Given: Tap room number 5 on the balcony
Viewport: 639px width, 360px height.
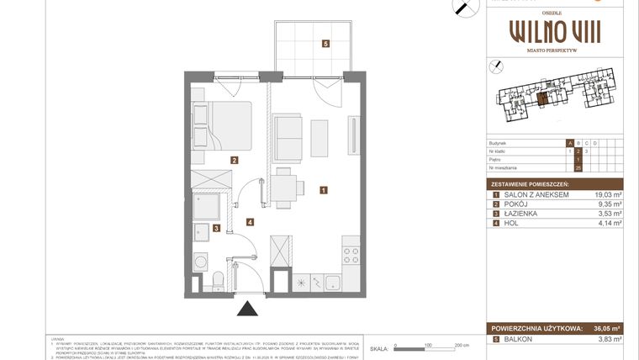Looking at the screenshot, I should pos(325,43).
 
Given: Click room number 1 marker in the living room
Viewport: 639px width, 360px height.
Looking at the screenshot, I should pos(324,190).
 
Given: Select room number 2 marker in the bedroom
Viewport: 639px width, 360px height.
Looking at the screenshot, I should pos(235,160).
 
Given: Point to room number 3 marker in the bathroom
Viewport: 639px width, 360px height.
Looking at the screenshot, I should pos(216,228).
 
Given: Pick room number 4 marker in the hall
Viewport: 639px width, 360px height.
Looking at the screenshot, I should pos(250,222).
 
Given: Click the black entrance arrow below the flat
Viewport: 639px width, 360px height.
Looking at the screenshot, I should pos(247,309).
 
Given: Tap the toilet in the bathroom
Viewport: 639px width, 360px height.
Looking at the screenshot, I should pos(218,278).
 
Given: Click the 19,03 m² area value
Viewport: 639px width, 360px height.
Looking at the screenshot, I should pos(607,195).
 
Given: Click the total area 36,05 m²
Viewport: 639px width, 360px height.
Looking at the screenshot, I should pos(605,329).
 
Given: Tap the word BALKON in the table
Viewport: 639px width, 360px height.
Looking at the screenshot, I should pos(518,339).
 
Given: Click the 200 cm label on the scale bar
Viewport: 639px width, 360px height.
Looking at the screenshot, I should pos(461,345).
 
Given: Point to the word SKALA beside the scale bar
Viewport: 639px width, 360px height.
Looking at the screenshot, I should pos(380,347).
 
